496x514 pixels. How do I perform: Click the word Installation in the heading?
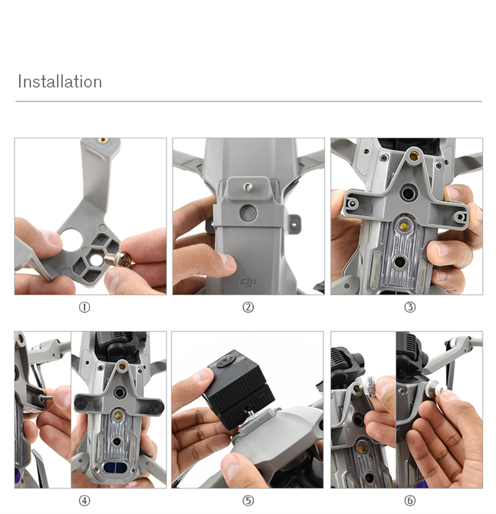pyautogui.click(x=60, y=81)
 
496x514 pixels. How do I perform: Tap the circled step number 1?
pyautogui.click(x=84, y=307)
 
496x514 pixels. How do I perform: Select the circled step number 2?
pyautogui.click(x=248, y=307)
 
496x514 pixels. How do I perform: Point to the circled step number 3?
pyautogui.click(x=410, y=307)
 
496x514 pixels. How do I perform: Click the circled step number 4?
pyautogui.click(x=84, y=500)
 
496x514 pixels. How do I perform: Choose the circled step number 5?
pyautogui.click(x=248, y=500)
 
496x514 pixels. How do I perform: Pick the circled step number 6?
pyautogui.click(x=410, y=500)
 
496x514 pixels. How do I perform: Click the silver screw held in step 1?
pyautogui.click(x=118, y=259)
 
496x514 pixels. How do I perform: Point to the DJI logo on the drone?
pyautogui.click(x=247, y=281)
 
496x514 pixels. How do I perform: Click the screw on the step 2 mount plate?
pyautogui.click(x=247, y=188)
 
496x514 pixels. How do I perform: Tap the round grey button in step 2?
pyautogui.click(x=248, y=213)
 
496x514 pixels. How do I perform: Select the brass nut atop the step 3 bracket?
pyautogui.click(x=414, y=156)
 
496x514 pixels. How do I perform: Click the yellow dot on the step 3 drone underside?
pyautogui.click(x=404, y=226)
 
